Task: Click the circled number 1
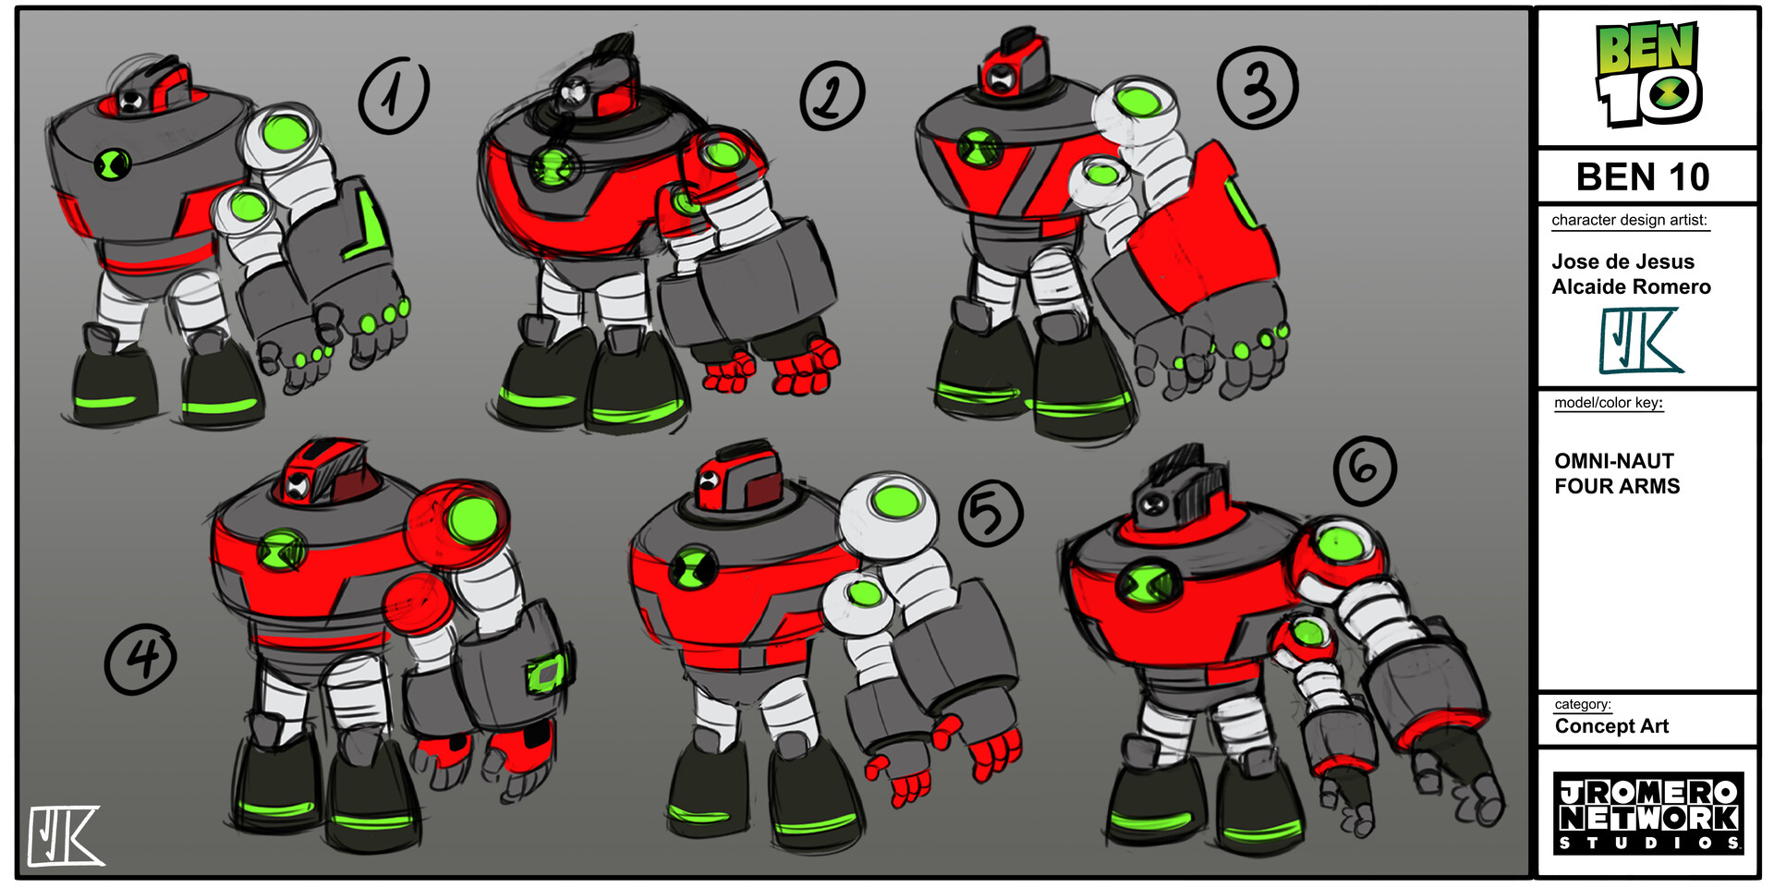point(395,96)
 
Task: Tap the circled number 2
point(832,96)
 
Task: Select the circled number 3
point(1258,88)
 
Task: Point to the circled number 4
point(140,659)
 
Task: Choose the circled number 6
point(1365,470)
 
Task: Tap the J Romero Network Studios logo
point(1648,813)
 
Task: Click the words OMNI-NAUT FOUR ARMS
point(1617,473)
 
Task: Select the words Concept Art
point(1611,726)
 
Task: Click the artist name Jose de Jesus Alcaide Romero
point(1631,273)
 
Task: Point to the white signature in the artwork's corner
point(65,836)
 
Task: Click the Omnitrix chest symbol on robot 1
point(113,164)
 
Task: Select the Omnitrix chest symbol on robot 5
point(693,565)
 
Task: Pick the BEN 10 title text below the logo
point(1643,176)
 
